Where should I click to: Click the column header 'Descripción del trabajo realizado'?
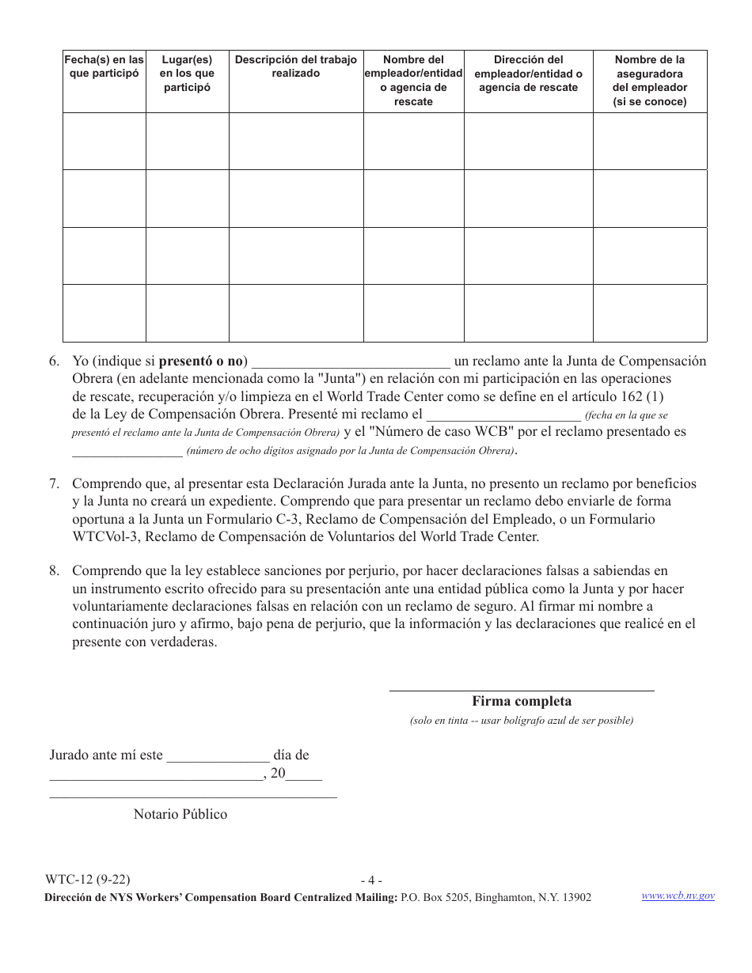[x=296, y=66]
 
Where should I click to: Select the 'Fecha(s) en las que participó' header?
[x=104, y=66]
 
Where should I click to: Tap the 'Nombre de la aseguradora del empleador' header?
[x=650, y=81]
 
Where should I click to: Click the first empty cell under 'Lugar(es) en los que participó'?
[x=188, y=142]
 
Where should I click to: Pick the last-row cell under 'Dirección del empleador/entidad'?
[x=528, y=313]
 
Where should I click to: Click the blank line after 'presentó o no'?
[x=351, y=362]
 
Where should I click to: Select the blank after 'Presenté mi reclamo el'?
[x=503, y=415]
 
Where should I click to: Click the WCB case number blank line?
[x=127, y=452]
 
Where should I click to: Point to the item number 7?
[x=54, y=483]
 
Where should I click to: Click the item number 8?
[x=54, y=571]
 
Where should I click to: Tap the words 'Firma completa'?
[x=522, y=702]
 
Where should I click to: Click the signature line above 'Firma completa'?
[x=522, y=691]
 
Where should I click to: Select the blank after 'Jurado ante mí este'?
[x=218, y=756]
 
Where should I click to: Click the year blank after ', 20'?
[x=304, y=776]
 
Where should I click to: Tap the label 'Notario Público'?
[x=180, y=815]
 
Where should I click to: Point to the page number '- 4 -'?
[x=371, y=880]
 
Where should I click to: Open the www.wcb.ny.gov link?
[x=678, y=895]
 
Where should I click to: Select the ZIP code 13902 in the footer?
[x=575, y=898]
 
